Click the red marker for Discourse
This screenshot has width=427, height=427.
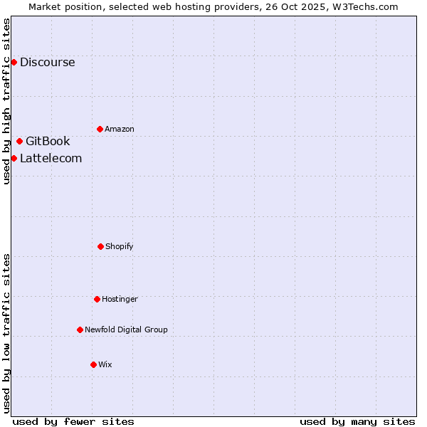point(14,62)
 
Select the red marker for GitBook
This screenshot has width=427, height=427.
point(19,141)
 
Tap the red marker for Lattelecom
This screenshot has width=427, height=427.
point(14,158)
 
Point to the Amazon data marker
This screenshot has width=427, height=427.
point(100,129)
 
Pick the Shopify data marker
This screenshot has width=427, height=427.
point(100,246)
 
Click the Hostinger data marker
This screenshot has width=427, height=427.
point(97,299)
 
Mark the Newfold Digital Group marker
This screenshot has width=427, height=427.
point(80,330)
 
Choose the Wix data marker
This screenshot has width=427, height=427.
point(93,364)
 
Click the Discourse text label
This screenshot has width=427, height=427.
point(47,62)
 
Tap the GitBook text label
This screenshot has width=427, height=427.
point(48,141)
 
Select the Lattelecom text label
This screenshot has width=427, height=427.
point(51,158)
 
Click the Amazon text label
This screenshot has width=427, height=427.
point(120,129)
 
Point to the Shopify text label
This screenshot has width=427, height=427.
point(120,246)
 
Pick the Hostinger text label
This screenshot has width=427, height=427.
point(120,299)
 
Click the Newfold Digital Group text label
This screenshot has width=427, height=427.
point(126,330)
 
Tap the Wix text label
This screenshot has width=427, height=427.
point(105,364)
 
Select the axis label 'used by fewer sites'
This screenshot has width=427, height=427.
point(73,421)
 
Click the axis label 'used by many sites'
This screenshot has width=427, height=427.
point(357,421)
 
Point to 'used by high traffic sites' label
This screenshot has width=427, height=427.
point(6,101)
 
